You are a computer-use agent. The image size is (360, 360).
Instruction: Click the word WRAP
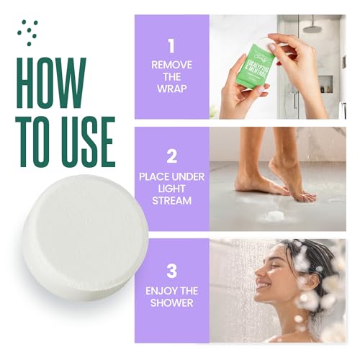[x=171, y=89]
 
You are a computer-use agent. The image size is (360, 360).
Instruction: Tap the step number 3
[x=171, y=272]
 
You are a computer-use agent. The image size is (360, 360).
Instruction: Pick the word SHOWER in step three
[x=171, y=303]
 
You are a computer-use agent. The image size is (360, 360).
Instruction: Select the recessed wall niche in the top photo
[x=325, y=84]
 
